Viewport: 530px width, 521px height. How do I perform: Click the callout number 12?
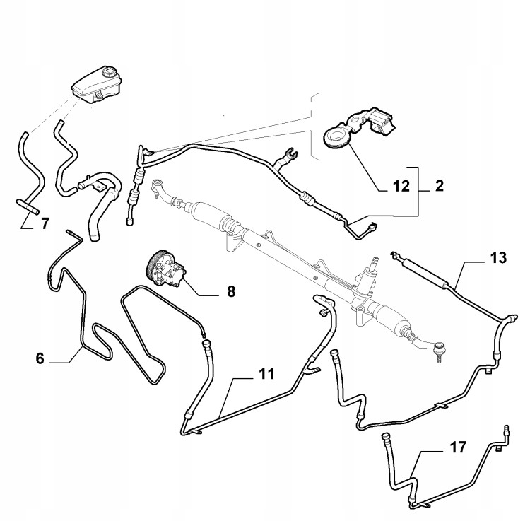pyautogui.click(x=401, y=187)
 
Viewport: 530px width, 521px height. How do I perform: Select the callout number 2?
pyautogui.click(x=439, y=186)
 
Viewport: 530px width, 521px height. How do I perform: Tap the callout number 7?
pyautogui.click(x=45, y=223)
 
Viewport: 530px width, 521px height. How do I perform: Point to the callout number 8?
pyautogui.click(x=231, y=291)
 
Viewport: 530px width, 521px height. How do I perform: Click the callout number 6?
pyautogui.click(x=40, y=358)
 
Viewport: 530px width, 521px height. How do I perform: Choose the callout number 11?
pyautogui.click(x=267, y=374)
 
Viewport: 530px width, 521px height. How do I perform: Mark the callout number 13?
pyautogui.click(x=498, y=257)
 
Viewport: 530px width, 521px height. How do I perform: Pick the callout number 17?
pyautogui.click(x=458, y=447)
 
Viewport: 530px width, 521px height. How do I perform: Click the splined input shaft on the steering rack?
pyautogui.click(x=374, y=263)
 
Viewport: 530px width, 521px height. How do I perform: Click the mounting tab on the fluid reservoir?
pyautogui.click(x=99, y=95)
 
